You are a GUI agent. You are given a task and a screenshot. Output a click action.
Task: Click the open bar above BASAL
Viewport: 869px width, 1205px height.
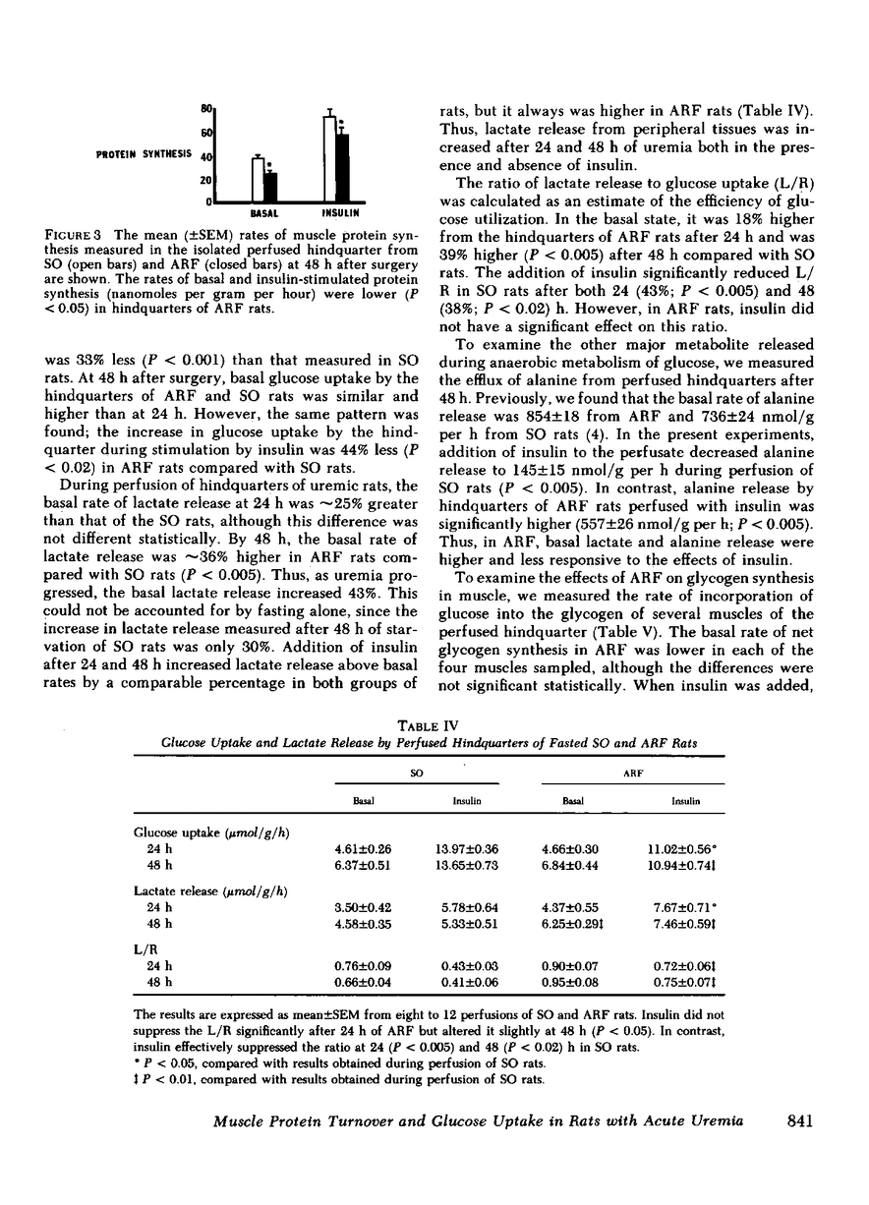click(x=258, y=179)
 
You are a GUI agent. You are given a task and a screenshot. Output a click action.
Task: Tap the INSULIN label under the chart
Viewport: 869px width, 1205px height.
click(x=338, y=211)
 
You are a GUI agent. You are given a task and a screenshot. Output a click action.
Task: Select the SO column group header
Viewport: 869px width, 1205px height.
click(x=416, y=775)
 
